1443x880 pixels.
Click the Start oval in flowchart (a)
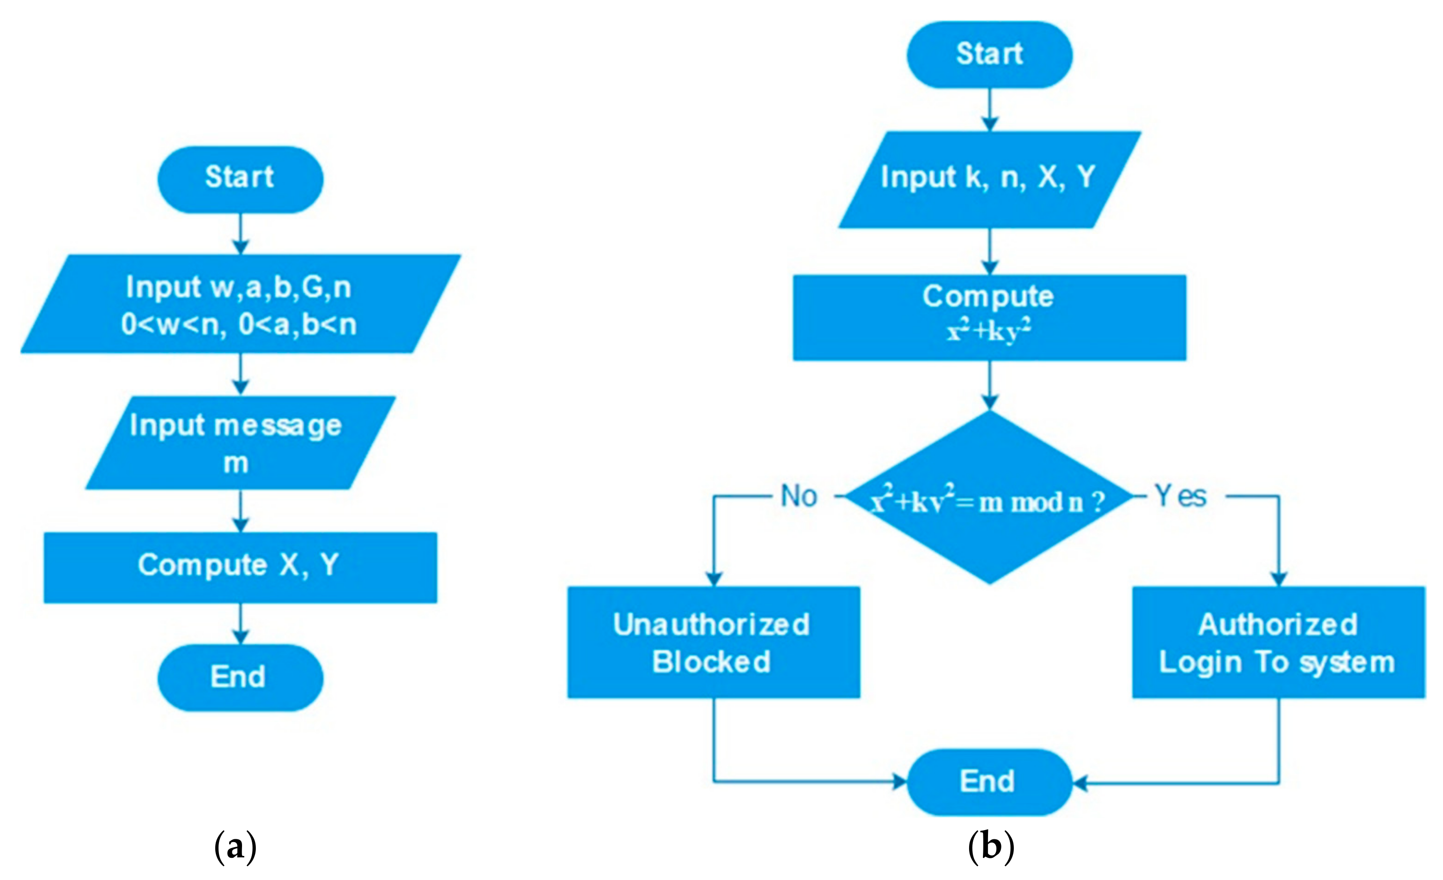pos(240,179)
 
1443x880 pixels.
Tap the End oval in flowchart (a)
pos(240,678)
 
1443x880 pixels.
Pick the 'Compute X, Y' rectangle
pos(240,567)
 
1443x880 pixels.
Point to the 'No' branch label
pos(798,497)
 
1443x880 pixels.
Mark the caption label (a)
pos(236,847)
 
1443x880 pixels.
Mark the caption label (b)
pos(990,847)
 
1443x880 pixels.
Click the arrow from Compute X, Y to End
pos(241,623)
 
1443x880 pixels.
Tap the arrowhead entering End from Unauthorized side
pos(899,782)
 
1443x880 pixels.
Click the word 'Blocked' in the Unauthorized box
pos(711,662)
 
